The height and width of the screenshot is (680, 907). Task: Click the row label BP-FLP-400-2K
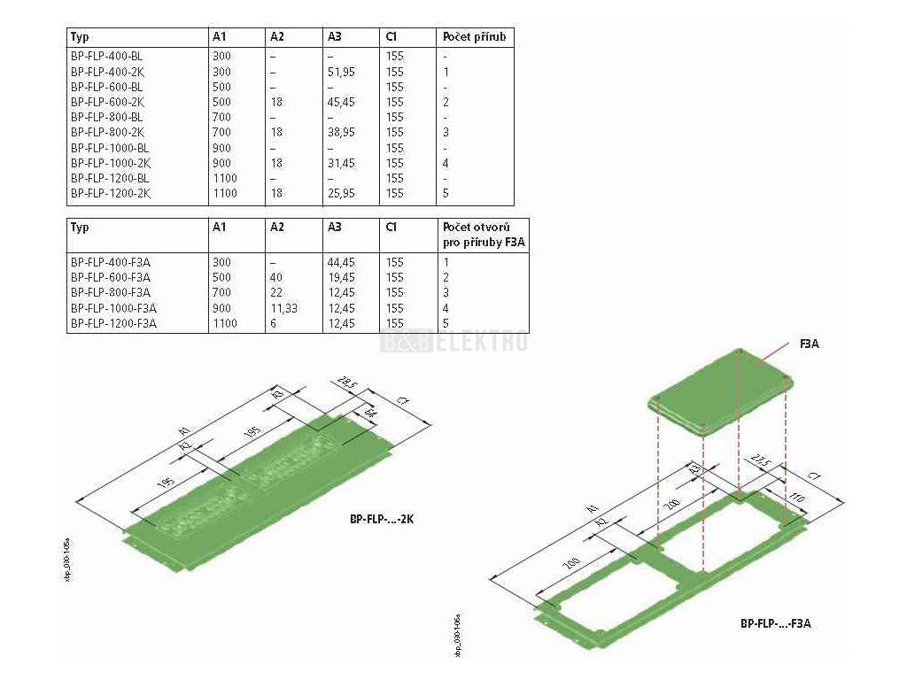pos(105,72)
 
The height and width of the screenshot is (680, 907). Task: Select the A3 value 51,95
pos(341,72)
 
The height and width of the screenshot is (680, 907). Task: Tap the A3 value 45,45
pos(341,102)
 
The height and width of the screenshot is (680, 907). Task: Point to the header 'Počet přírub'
pos(476,37)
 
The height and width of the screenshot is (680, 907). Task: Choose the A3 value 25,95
pos(341,192)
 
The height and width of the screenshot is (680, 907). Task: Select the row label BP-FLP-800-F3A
pos(110,292)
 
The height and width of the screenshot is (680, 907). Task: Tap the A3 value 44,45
pos(341,262)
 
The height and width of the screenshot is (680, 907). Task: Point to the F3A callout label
pos(809,344)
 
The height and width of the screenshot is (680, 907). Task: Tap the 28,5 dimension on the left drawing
pos(345,384)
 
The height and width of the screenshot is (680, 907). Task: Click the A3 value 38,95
pos(341,132)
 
